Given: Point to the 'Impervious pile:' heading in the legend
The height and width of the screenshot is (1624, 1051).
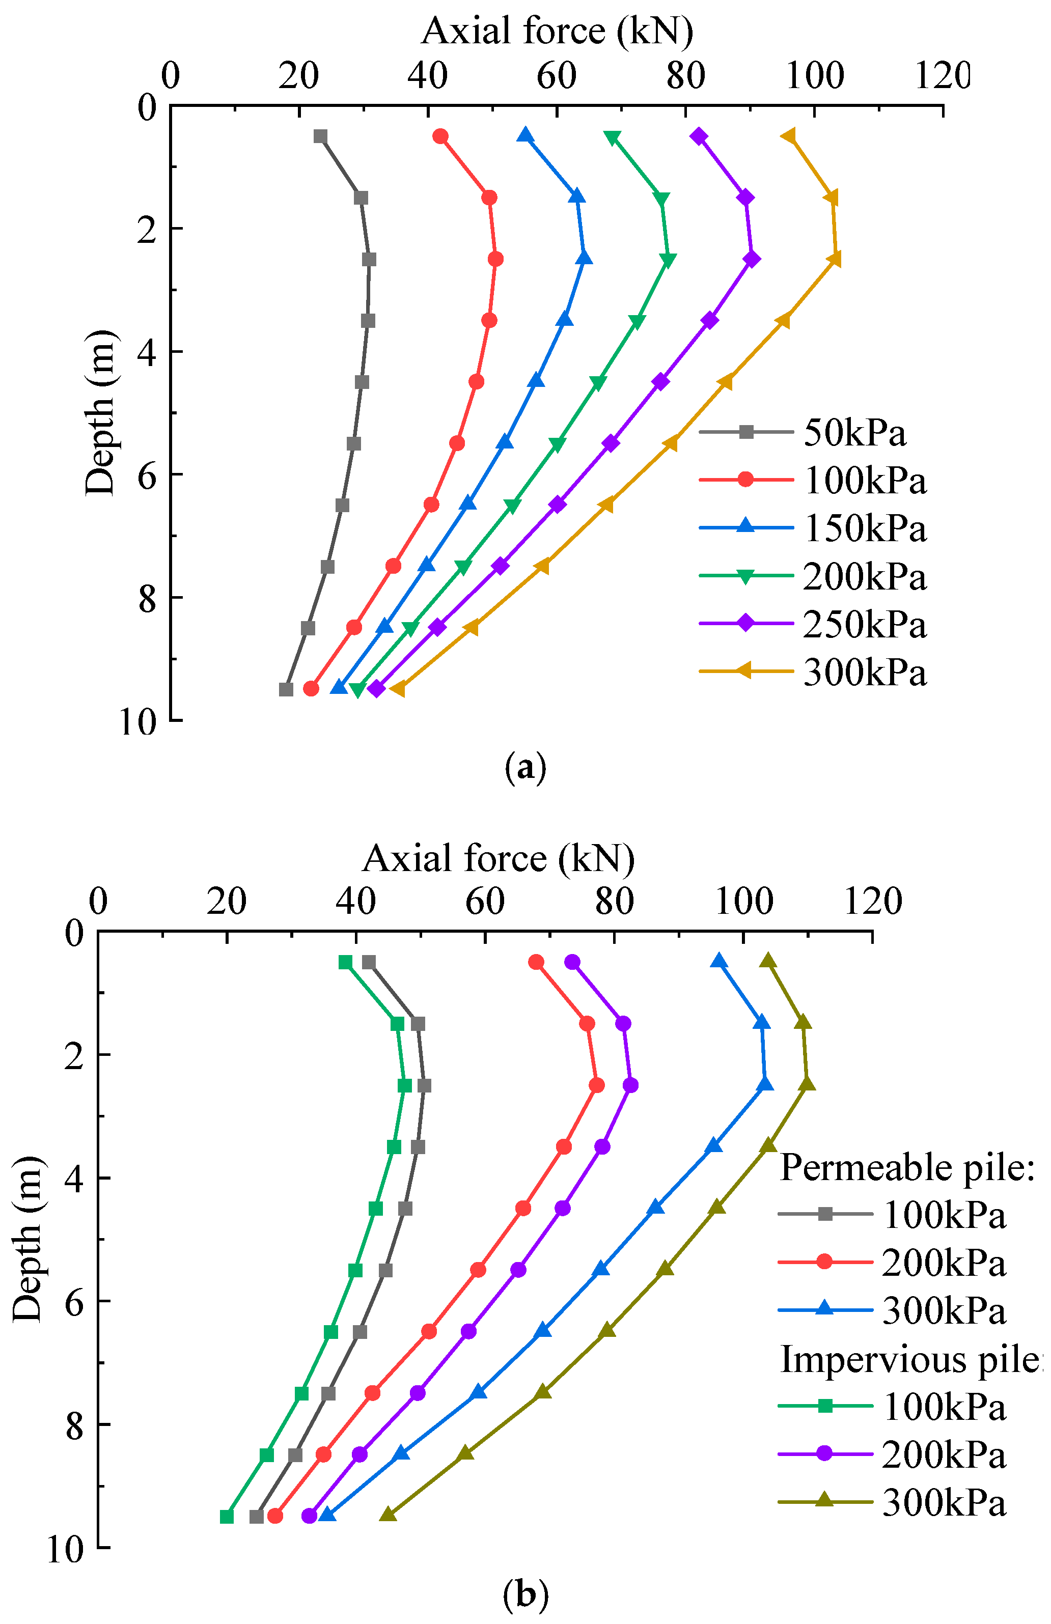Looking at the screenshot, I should tap(911, 1360).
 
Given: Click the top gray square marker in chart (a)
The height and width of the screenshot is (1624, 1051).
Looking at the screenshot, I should tap(320, 137).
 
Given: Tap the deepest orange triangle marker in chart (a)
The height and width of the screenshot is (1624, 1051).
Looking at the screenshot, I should tap(397, 689).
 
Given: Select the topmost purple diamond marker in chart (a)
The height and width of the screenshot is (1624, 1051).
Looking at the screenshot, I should tap(698, 137).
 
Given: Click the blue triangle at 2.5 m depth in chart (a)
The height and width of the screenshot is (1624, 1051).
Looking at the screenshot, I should tap(584, 259).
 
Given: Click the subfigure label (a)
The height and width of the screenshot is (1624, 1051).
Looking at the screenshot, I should tap(525, 768).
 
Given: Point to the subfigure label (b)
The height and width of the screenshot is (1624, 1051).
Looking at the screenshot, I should tap(525, 1594).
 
